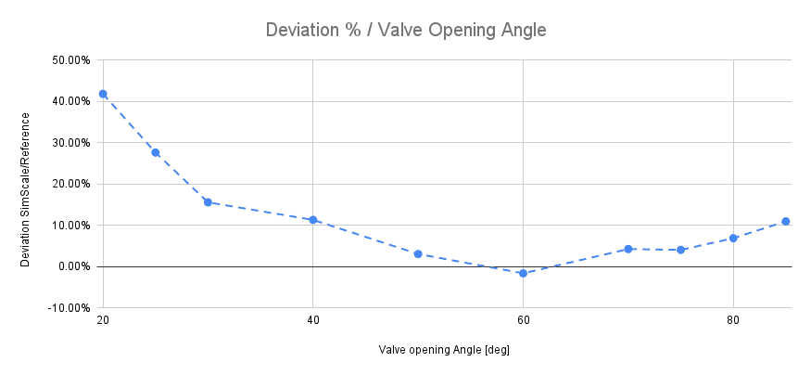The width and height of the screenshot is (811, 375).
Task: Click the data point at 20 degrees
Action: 103,94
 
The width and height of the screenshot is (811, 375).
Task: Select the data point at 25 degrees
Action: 155,152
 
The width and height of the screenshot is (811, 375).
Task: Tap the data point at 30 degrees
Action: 208,201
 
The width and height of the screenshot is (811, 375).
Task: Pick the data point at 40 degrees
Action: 313,220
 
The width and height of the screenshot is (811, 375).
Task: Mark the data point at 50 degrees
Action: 418,253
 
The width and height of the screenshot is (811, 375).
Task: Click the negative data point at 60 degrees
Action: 524,273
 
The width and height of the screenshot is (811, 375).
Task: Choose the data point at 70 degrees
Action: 628,249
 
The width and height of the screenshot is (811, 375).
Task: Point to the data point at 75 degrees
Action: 681,250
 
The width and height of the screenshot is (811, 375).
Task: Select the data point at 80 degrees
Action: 733,238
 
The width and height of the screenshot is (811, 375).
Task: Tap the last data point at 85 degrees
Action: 786,221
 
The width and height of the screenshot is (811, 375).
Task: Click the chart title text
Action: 406,30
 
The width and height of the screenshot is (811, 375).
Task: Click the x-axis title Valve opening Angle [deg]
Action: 444,350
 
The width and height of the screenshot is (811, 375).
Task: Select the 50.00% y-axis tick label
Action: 70,60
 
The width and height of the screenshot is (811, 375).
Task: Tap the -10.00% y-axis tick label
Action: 68,307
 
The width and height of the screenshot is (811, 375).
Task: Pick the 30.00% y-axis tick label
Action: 70,143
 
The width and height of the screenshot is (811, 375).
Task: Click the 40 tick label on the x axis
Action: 313,320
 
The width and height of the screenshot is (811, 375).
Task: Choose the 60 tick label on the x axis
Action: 524,320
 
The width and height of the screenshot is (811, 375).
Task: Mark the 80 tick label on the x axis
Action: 733,320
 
